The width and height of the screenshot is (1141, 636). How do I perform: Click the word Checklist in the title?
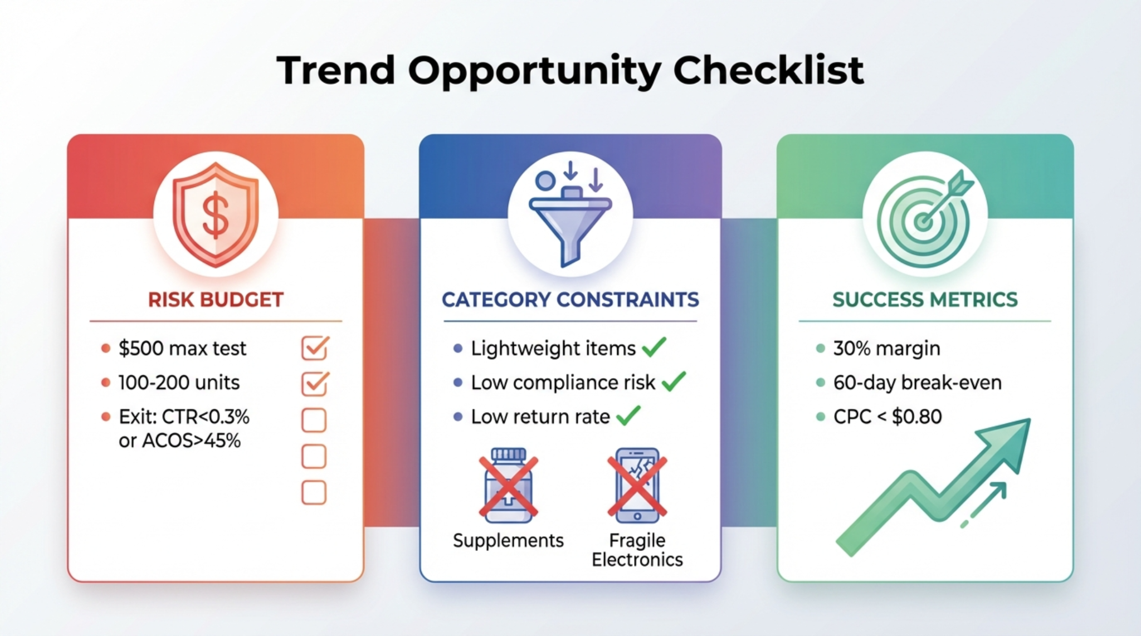tap(768, 71)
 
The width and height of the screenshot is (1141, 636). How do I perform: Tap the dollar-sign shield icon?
tap(216, 214)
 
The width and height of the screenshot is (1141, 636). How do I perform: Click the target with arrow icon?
tap(925, 217)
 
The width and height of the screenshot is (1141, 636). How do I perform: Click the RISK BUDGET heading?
tap(216, 300)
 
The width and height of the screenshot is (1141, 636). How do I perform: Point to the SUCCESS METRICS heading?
tap(925, 300)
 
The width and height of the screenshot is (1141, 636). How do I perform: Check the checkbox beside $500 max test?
tap(315, 348)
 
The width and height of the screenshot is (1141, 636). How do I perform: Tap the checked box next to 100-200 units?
tap(315, 383)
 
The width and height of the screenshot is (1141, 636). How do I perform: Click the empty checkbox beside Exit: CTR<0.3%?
tap(314, 420)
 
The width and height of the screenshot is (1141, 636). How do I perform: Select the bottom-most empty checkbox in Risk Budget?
tap(314, 493)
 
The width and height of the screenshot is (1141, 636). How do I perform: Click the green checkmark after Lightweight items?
tap(654, 348)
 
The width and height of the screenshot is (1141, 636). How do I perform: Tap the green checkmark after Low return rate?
tap(628, 415)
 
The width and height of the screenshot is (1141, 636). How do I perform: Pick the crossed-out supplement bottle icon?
tap(508, 486)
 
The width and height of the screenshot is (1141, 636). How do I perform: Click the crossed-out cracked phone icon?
tap(637, 486)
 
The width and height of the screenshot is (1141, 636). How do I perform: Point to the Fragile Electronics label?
tap(637, 550)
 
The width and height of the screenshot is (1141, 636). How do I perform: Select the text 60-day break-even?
tap(917, 383)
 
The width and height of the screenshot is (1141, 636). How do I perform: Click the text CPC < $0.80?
tap(887, 417)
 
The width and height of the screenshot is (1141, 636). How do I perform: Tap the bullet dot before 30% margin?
tap(820, 349)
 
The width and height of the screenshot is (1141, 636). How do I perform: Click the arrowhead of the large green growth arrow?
tap(1011, 440)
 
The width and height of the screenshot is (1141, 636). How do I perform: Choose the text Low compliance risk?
tap(563, 383)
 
